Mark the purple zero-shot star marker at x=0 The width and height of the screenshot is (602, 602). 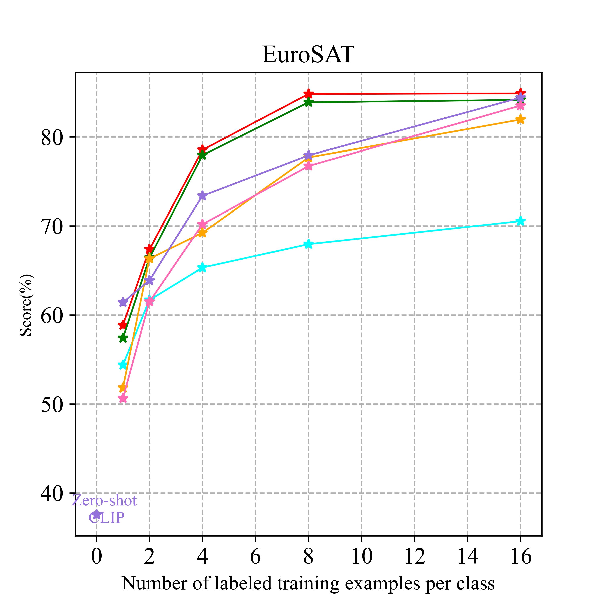pyautogui.click(x=97, y=515)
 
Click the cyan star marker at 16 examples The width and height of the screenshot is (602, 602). pyautogui.click(x=520, y=221)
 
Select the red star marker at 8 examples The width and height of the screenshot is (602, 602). pyautogui.click(x=308, y=94)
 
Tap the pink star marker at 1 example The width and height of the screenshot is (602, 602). pyautogui.click(x=123, y=398)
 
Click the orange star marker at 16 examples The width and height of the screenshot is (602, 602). pyautogui.click(x=520, y=119)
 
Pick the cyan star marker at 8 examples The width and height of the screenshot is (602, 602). pyautogui.click(x=308, y=244)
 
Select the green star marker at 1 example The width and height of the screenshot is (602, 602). pyautogui.click(x=123, y=338)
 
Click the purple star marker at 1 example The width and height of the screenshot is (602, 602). pyautogui.click(x=123, y=302)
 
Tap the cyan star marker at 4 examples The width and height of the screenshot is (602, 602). pyautogui.click(x=202, y=267)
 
